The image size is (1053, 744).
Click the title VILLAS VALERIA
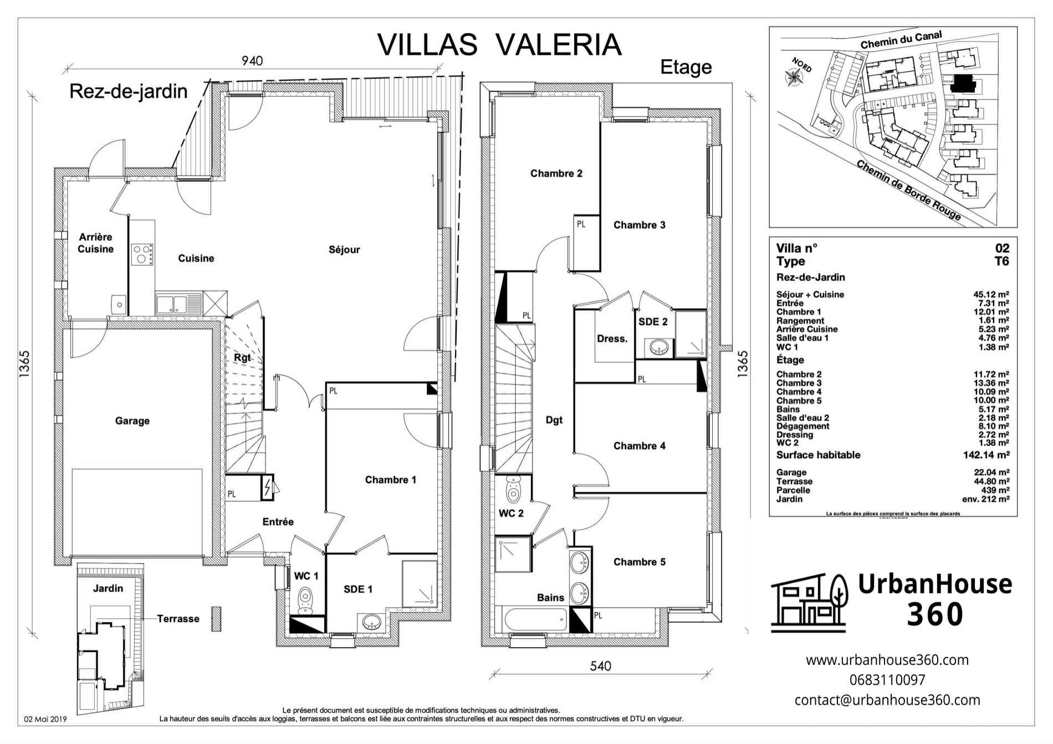click(499, 44)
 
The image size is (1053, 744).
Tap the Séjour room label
click(344, 250)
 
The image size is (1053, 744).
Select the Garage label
click(132, 421)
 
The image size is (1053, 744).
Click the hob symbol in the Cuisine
click(142, 254)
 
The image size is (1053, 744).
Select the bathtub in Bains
click(534, 619)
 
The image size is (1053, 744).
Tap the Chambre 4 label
click(639, 446)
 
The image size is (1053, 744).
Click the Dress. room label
click(612, 339)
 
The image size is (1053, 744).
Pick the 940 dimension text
click(252, 61)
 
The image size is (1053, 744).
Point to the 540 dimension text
click(600, 666)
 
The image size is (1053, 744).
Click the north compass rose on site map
click(793, 78)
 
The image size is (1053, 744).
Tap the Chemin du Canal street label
click(901, 39)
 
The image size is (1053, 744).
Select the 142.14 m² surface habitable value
click(986, 455)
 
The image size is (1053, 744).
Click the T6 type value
click(1001, 261)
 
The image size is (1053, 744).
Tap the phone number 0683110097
click(887, 680)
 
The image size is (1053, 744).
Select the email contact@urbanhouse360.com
click(887, 700)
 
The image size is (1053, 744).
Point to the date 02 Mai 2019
click(45, 720)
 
